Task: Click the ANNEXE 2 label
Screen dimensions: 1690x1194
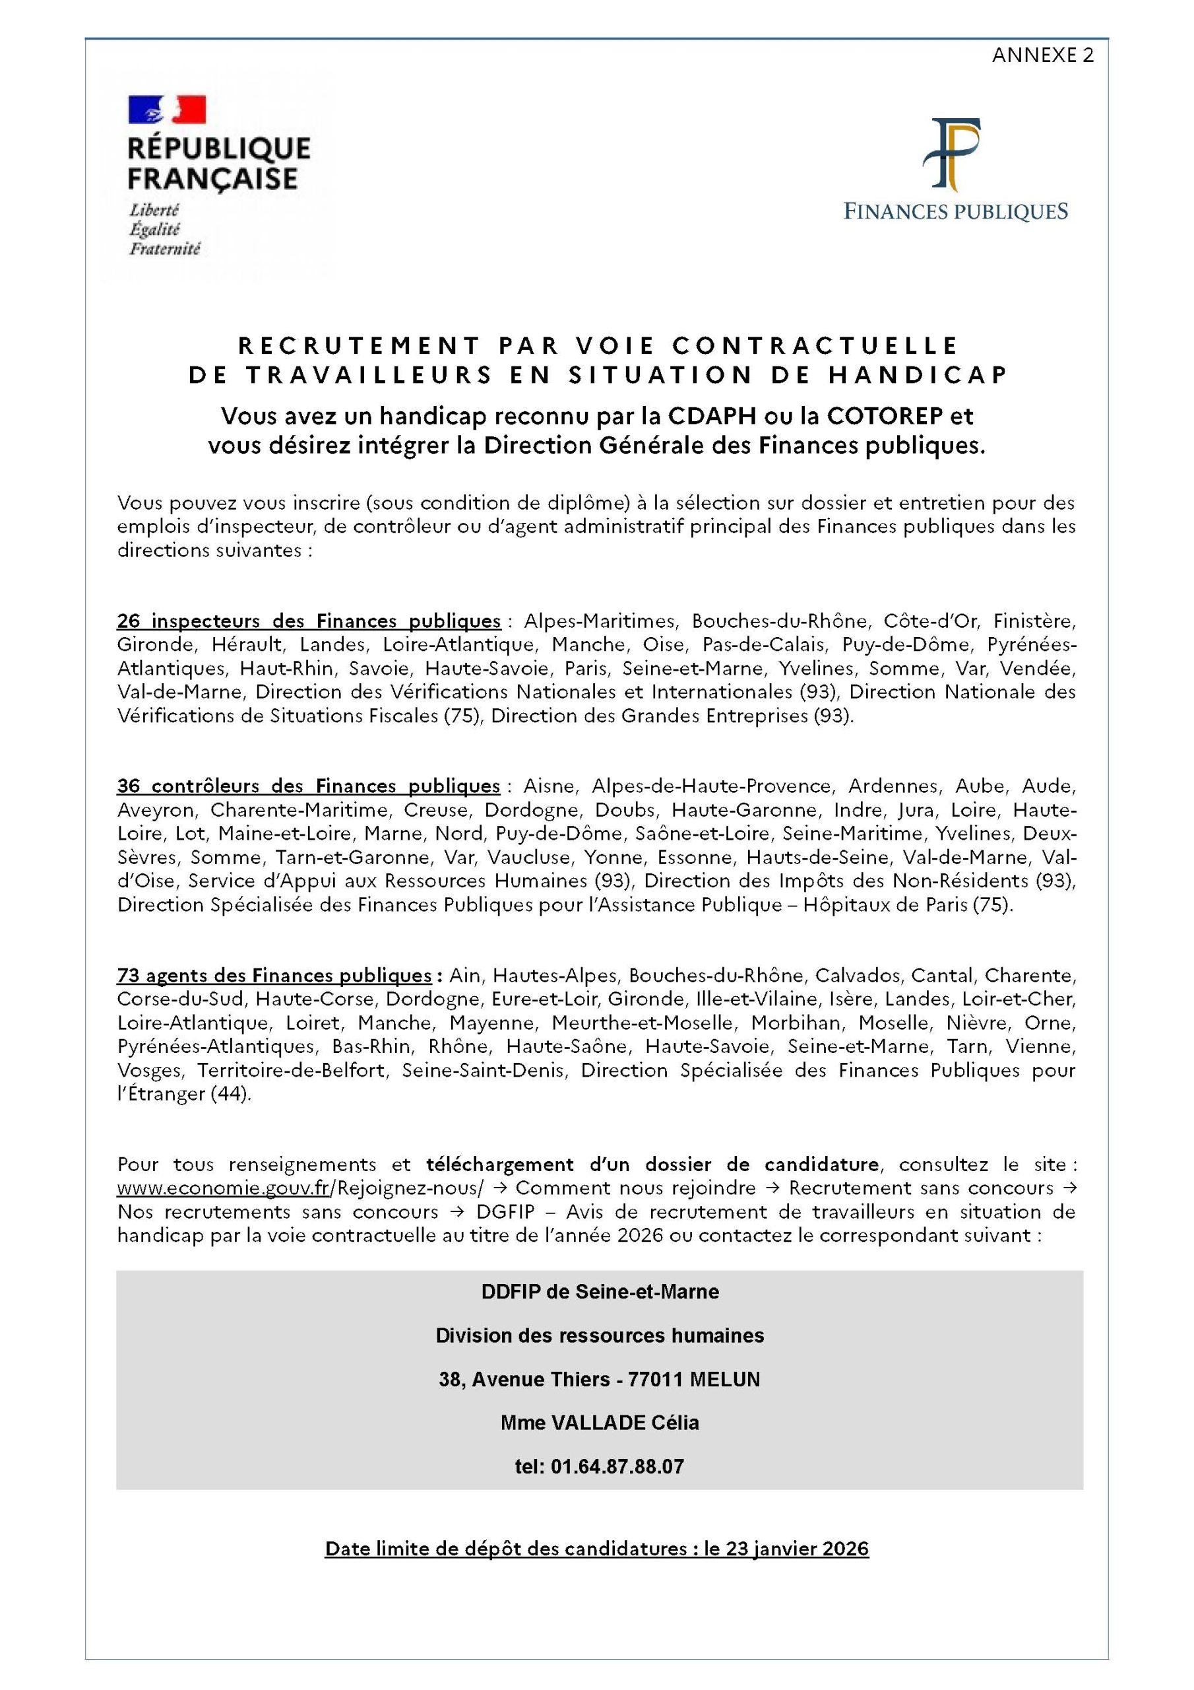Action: click(1042, 55)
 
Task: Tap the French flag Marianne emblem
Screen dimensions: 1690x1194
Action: click(167, 109)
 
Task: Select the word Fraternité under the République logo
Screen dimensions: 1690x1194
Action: click(165, 249)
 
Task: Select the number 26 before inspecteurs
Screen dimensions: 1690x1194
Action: click(128, 621)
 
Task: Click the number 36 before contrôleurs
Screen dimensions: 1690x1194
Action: click(128, 786)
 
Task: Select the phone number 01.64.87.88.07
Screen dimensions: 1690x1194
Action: click(617, 1466)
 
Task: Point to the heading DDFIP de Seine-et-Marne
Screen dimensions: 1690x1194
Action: click(600, 1292)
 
